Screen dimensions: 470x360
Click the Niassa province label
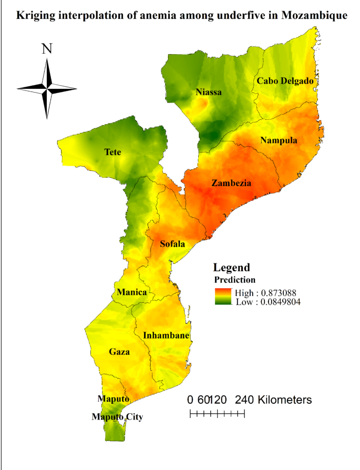click(209, 92)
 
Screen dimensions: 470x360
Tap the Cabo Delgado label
click(285, 81)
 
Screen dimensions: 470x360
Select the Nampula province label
click(279, 140)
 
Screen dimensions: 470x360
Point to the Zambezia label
click(231, 183)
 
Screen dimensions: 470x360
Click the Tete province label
click(112, 152)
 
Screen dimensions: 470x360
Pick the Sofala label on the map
click(172, 244)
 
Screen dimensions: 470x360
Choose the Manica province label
click(132, 292)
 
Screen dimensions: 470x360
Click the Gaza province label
click(119, 352)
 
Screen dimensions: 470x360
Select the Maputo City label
click(117, 417)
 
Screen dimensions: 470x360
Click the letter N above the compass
click(47, 49)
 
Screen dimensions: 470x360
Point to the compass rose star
click(47, 88)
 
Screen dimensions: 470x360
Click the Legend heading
click(231, 267)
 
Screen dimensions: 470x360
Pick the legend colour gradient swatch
click(223, 297)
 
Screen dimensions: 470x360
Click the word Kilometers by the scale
click(283, 400)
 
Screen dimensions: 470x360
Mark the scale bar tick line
click(217, 414)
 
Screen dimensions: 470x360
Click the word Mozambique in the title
click(314, 15)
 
